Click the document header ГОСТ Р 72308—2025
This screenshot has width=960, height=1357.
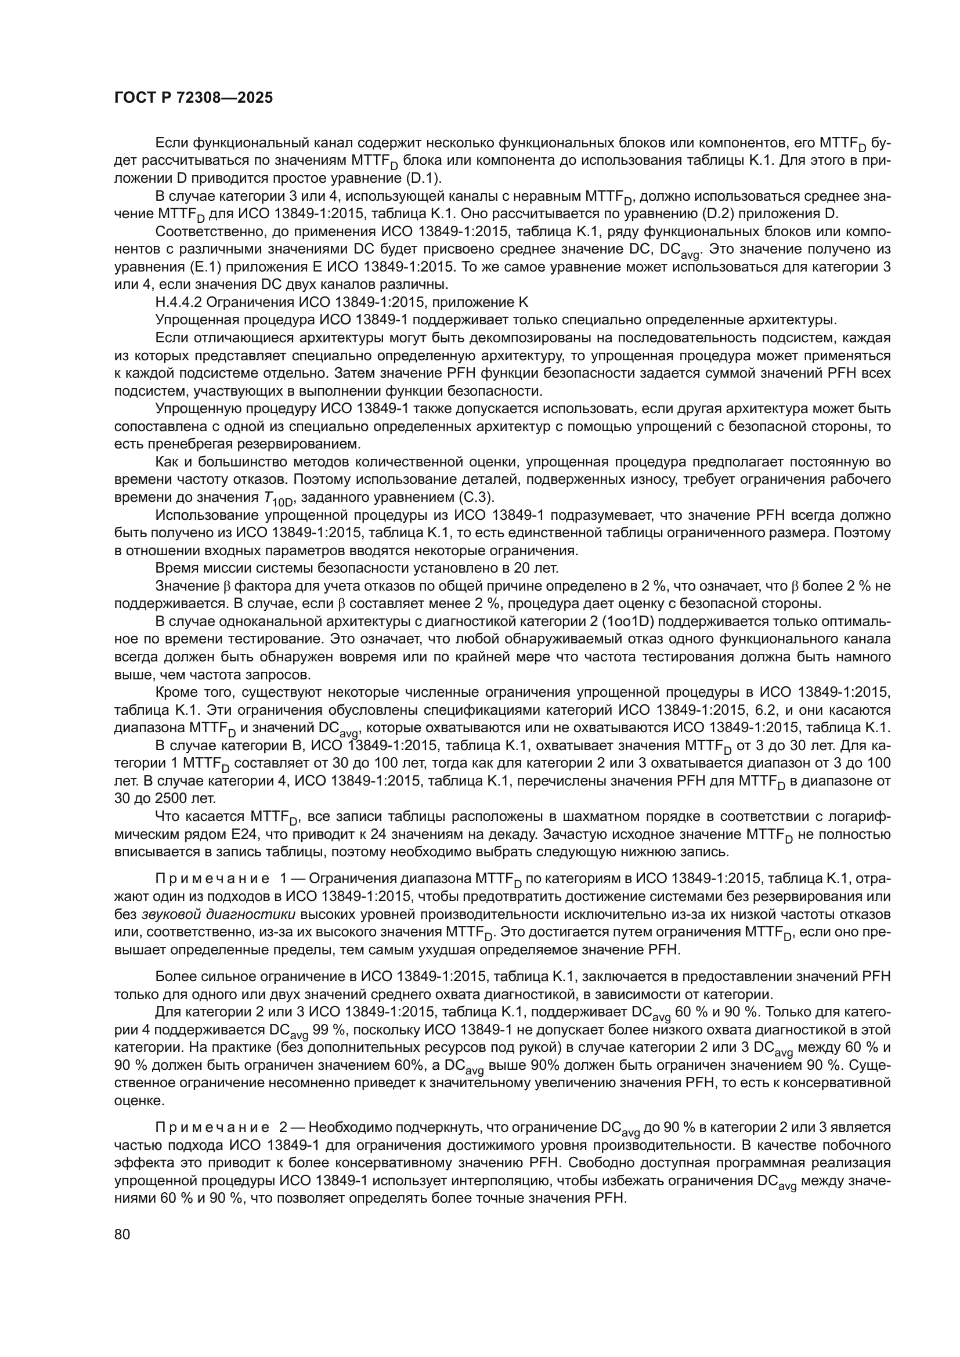click(x=193, y=98)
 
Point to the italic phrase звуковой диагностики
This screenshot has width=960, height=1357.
click(x=219, y=914)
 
